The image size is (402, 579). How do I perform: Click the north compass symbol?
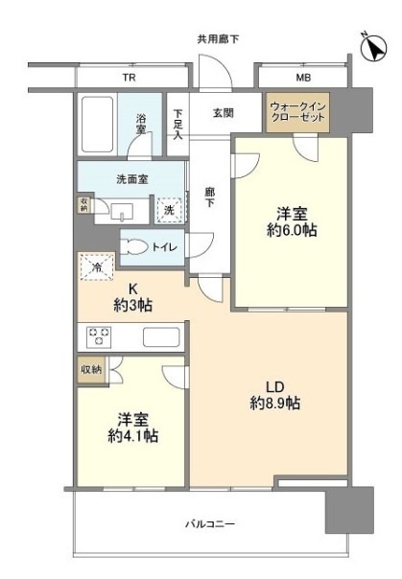click(372, 45)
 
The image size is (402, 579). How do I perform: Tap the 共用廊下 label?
click(218, 39)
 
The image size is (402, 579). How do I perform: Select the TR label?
click(128, 77)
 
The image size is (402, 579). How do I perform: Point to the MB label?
click(302, 77)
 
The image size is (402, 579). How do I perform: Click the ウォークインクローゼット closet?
click(296, 113)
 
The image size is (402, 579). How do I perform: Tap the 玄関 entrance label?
click(224, 112)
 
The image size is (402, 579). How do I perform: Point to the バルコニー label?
click(210, 523)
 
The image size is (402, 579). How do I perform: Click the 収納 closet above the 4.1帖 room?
click(89, 368)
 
